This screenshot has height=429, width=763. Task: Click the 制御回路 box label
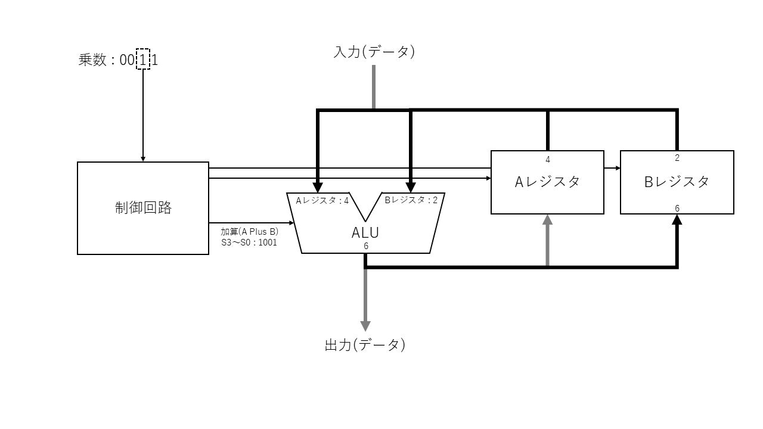[143, 207]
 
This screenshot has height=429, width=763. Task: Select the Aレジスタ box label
[547, 182]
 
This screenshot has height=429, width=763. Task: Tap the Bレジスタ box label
[677, 182]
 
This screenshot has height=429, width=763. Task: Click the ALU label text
[365, 232]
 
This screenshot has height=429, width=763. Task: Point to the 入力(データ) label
[374, 52]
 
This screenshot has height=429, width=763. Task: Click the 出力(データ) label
[365, 344]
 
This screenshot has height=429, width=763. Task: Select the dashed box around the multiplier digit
[143, 59]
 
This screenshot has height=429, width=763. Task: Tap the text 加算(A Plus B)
[249, 232]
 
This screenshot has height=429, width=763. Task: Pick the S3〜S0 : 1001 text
[249, 243]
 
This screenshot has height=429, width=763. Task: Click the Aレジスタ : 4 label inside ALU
[322, 200]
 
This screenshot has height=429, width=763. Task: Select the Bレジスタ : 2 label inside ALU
[411, 200]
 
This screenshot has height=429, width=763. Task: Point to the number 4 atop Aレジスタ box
[548, 159]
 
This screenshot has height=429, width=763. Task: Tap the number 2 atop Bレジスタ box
[677, 158]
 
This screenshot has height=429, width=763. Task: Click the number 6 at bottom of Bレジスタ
[677, 208]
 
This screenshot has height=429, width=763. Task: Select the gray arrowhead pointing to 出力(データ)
[365, 326]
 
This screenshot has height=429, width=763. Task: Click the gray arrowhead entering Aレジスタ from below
[548, 219]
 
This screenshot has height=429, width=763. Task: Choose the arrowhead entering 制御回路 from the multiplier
[143, 159]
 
